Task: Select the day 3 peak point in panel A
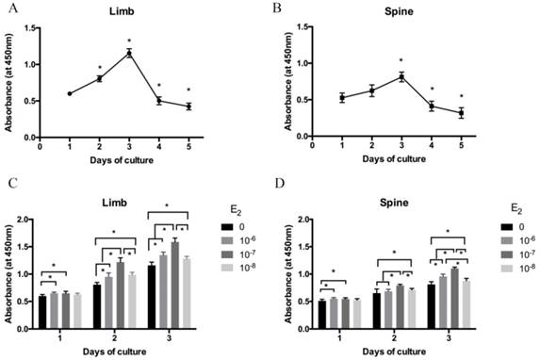click(128, 53)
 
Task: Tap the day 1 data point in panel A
click(70, 93)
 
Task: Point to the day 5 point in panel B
click(461, 113)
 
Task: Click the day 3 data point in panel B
click(401, 77)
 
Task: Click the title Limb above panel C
click(120, 201)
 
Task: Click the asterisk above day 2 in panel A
click(99, 68)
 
